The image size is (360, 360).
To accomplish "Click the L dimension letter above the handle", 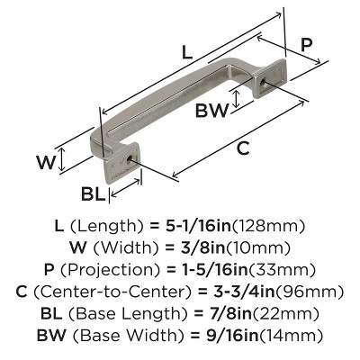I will (186, 53).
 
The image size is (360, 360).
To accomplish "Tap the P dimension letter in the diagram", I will (306, 44).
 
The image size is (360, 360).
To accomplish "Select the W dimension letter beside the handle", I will (70, 162).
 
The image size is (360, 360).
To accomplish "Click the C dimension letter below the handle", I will (243, 150).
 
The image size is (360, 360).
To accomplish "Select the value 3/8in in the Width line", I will (196, 247).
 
